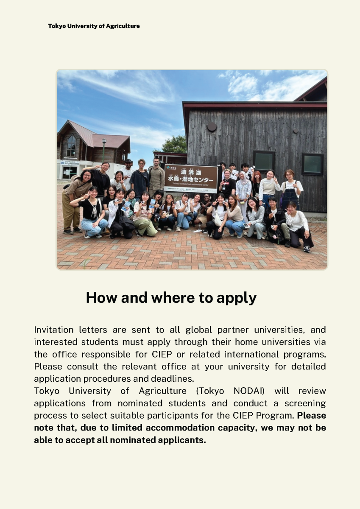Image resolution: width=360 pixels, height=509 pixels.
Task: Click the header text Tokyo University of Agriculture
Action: click(94, 26)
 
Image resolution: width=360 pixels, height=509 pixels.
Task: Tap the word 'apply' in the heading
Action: click(236, 298)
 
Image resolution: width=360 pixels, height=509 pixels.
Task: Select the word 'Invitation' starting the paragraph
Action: click(53, 330)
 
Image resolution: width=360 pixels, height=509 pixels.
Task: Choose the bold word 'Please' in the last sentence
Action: click(312, 416)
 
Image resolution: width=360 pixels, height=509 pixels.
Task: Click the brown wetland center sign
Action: click(191, 178)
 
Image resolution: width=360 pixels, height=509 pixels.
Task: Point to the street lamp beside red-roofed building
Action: click(104, 148)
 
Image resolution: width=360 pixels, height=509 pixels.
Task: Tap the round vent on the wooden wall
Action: click(212, 127)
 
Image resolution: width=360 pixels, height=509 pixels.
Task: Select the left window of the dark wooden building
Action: click(264, 161)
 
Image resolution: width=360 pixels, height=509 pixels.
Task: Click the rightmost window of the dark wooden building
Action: click(313, 164)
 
